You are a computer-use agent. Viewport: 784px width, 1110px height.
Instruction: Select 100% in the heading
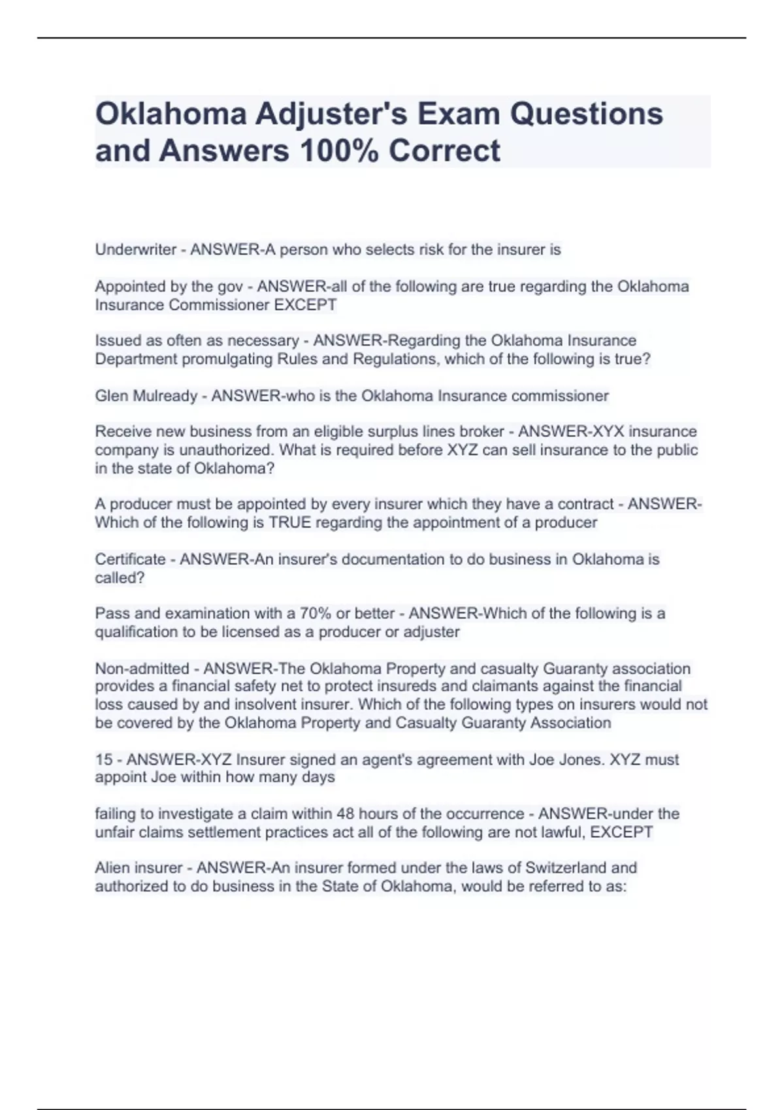click(x=338, y=151)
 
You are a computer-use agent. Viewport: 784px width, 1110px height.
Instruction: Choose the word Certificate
click(x=130, y=560)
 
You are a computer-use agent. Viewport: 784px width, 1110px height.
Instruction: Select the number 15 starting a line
click(x=104, y=760)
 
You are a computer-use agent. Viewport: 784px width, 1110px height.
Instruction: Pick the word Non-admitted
click(x=142, y=669)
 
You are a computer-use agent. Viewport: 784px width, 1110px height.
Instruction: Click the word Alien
click(x=112, y=868)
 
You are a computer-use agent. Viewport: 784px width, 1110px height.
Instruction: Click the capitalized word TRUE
click(x=293, y=522)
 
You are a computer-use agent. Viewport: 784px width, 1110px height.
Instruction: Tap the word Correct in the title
click(x=444, y=151)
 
